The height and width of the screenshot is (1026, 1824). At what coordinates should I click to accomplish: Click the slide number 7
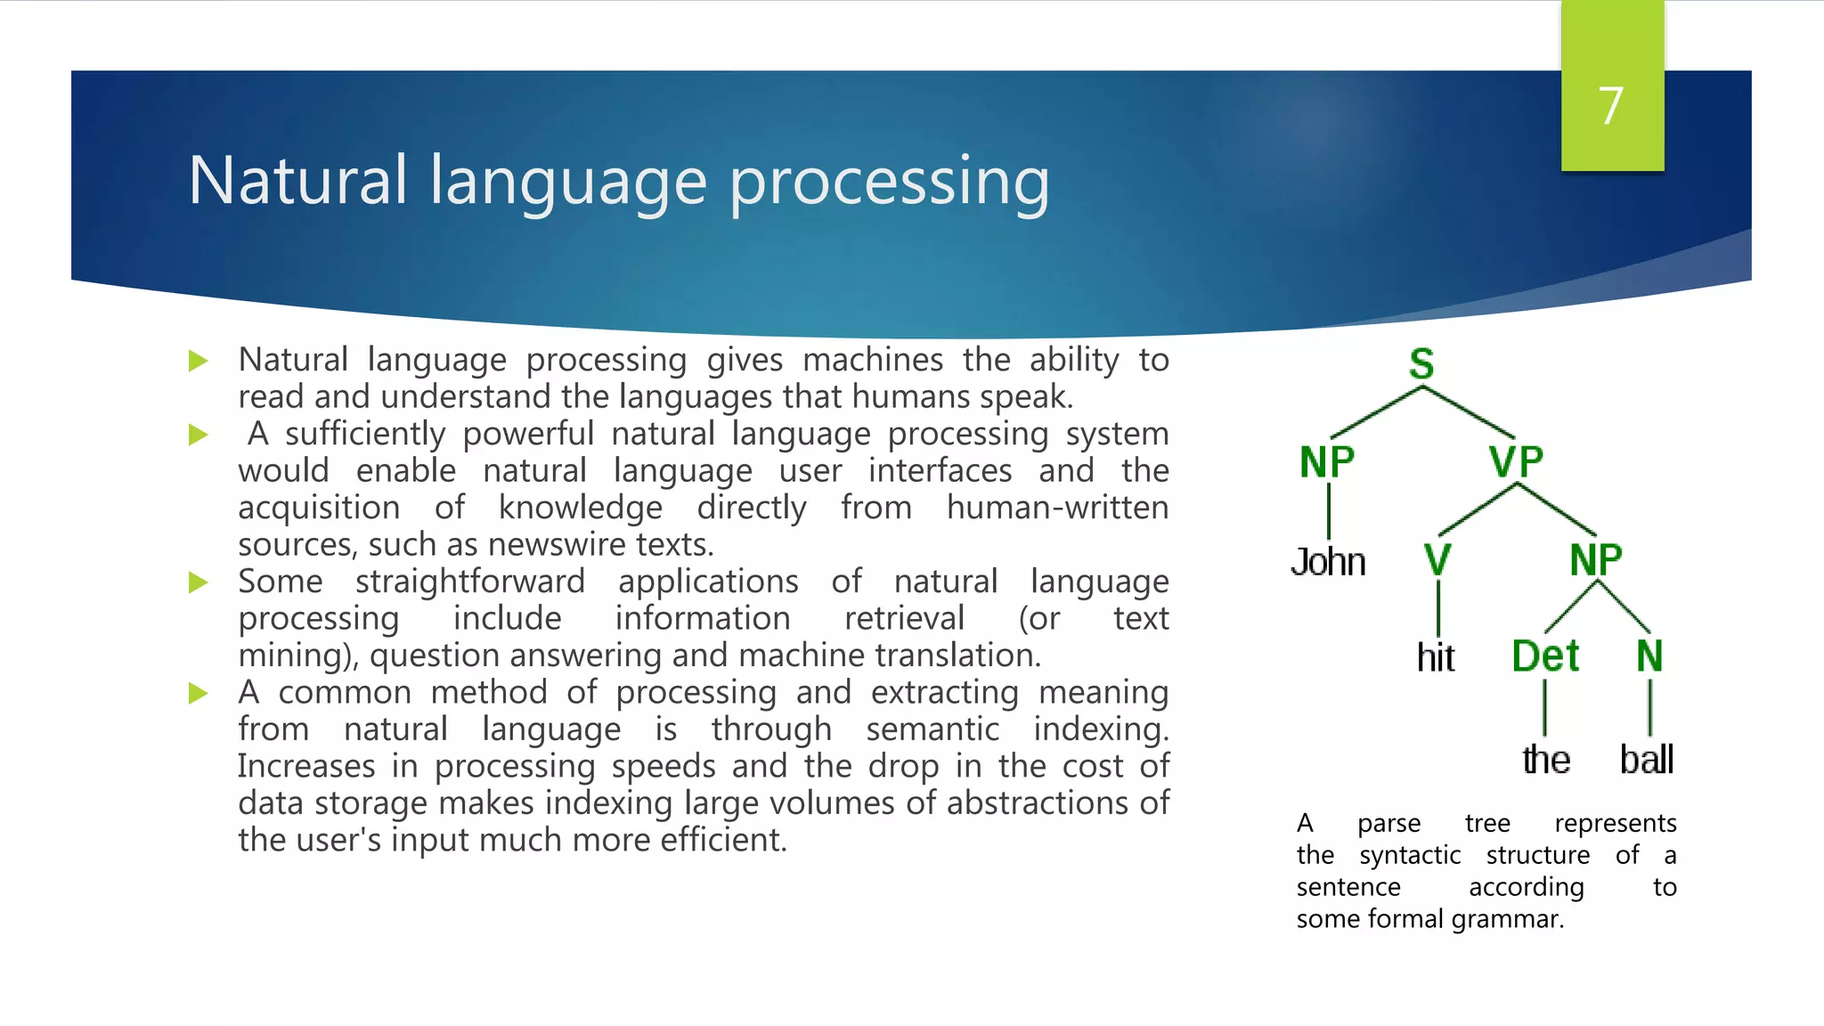(1610, 106)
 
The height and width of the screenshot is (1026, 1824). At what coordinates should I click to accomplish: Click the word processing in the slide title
(889, 183)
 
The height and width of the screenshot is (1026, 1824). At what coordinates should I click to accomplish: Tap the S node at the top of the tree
(1421, 364)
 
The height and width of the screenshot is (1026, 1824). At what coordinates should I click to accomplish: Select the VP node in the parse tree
(1516, 462)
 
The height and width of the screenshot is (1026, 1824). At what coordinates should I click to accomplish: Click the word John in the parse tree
(1328, 563)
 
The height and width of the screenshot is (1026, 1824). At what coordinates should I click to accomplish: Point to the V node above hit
(1437, 560)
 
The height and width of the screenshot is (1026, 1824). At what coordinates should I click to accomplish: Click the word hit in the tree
(1436, 658)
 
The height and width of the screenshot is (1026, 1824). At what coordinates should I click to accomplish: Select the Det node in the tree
(1545, 656)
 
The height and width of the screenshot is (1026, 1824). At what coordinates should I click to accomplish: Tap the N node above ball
(1649, 656)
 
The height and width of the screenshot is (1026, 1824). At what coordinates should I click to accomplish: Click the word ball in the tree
(1646, 760)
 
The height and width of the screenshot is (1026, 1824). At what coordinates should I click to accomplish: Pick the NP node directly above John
(1327, 462)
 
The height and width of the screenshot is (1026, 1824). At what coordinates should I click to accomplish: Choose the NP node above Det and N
(1596, 560)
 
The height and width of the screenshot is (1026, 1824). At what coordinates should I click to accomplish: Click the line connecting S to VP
(1470, 412)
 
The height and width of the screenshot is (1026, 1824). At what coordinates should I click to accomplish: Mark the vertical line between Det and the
(1544, 708)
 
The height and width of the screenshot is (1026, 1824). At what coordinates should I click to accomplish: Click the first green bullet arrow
(199, 361)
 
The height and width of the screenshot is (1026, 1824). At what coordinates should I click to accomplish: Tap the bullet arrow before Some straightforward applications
(199, 582)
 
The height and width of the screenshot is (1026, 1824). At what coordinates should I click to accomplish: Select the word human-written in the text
(1057, 508)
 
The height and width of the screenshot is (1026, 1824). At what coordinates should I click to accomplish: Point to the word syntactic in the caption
(1410, 855)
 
